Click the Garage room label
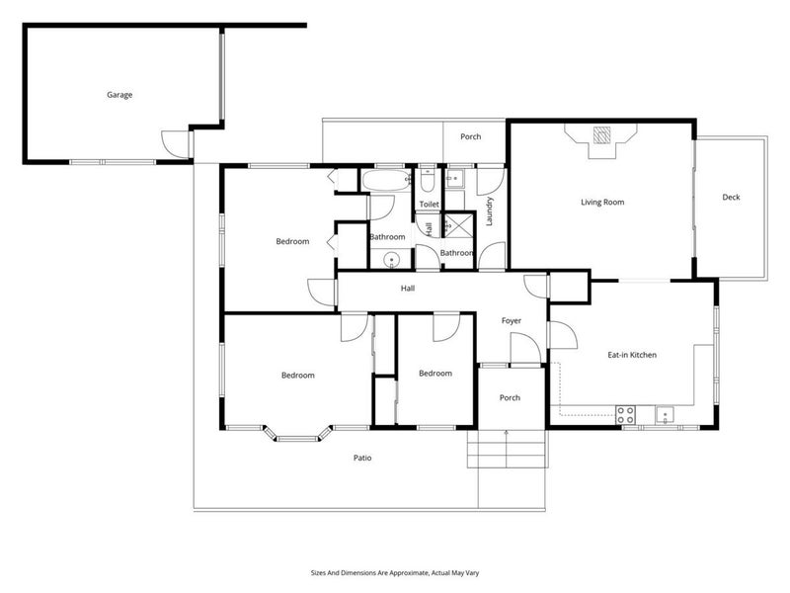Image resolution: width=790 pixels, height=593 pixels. tap(119, 95)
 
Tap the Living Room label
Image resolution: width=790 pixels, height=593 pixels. tap(602, 203)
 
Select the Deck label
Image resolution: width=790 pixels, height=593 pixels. tap(731, 197)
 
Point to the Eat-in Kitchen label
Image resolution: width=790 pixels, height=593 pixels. tap(632, 355)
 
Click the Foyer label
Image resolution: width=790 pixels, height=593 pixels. tap(512, 320)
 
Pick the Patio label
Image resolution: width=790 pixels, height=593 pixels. tap(362, 458)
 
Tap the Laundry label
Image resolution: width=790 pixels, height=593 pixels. tap(489, 212)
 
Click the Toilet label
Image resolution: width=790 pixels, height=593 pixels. tap(430, 205)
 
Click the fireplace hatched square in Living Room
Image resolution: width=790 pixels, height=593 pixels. tap(601, 135)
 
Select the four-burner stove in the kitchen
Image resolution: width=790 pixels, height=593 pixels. tap(625, 415)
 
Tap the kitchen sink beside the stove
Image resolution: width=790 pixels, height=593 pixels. tap(665, 415)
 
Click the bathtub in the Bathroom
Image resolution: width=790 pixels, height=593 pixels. tap(386, 181)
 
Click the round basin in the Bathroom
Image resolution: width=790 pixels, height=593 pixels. tap(391, 261)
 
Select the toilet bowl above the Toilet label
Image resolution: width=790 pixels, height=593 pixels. tap(428, 183)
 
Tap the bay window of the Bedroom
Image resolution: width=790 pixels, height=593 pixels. tap(298, 436)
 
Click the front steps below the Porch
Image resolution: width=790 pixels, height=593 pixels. tap(507, 449)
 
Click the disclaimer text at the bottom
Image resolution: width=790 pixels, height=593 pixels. tap(395, 573)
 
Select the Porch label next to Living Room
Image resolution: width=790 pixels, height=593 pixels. tap(471, 136)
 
